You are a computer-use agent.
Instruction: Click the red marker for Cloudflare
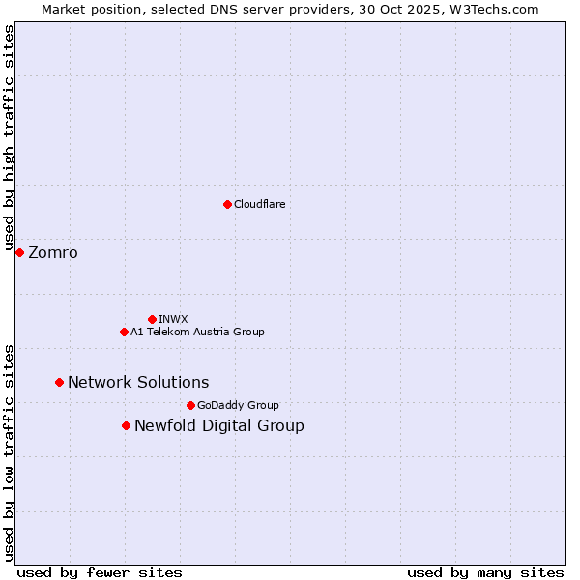pyautogui.click(x=227, y=204)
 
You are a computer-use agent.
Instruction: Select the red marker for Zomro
pyautogui.click(x=19, y=252)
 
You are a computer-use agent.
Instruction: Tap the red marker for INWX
pyautogui.click(x=152, y=319)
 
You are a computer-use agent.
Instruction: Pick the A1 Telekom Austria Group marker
pyautogui.click(x=124, y=332)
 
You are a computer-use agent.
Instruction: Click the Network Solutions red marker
pyautogui.click(x=59, y=382)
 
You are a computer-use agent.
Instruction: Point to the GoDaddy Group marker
pyautogui.click(x=190, y=405)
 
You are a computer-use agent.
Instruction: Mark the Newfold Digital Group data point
pyautogui.click(x=126, y=425)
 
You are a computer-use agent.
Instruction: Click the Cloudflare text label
pyautogui.click(x=259, y=204)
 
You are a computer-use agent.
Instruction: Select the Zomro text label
pyautogui.click(x=53, y=253)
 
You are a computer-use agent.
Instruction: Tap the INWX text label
pyautogui.click(x=173, y=319)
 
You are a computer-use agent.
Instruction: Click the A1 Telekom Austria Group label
pyautogui.click(x=197, y=332)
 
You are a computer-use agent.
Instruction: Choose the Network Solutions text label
pyautogui.click(x=138, y=382)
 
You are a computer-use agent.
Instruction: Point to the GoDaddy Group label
pyautogui.click(x=238, y=405)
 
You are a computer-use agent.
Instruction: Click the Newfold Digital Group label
pyautogui.click(x=219, y=425)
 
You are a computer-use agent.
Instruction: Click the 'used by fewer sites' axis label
pyautogui.click(x=100, y=572)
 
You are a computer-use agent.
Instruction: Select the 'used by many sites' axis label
pyautogui.click(x=485, y=572)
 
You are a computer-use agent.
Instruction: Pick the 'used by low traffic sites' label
pyautogui.click(x=9, y=451)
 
